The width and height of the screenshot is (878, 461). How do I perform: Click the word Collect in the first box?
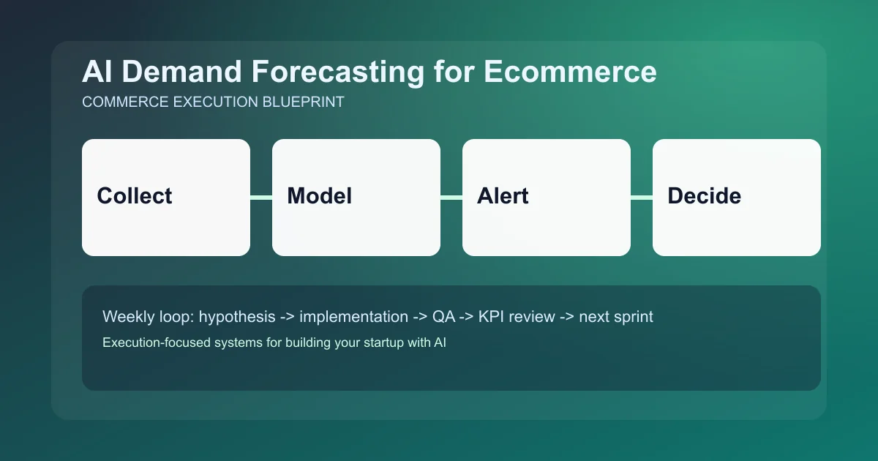pos(135,196)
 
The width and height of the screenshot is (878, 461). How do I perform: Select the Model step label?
pos(319,196)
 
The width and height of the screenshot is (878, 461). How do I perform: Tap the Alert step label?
pos(503,196)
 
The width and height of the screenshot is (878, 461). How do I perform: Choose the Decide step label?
pos(704,196)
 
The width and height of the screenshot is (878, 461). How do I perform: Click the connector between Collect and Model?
pos(261,197)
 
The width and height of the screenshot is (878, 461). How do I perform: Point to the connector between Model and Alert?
pos(451,197)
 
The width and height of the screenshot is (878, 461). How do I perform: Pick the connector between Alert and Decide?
pos(642,197)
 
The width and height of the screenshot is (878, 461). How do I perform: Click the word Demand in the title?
pos(191,72)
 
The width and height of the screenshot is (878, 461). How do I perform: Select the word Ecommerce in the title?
pos(570,72)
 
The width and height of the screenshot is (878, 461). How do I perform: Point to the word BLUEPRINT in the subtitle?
pos(303,102)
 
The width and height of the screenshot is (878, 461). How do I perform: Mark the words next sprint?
pos(616,317)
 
